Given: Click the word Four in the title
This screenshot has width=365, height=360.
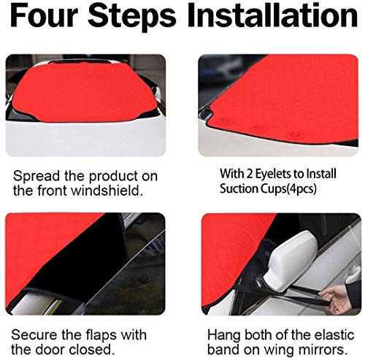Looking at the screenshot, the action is [x=44, y=15].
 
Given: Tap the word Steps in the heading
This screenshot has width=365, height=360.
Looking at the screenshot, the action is [x=131, y=17].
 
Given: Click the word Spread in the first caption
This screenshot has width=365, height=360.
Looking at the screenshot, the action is [x=36, y=177].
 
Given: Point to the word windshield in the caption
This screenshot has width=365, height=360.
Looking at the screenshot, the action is [x=107, y=190].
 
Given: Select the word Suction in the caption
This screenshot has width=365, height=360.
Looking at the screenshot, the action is [x=239, y=188].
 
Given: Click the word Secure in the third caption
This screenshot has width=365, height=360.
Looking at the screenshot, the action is [x=35, y=334].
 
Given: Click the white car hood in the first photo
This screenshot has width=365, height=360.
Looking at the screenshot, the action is [x=85, y=139].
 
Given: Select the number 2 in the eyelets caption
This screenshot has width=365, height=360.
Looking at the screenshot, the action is [x=249, y=175].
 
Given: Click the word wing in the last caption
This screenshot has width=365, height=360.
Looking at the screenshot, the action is [x=280, y=351].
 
